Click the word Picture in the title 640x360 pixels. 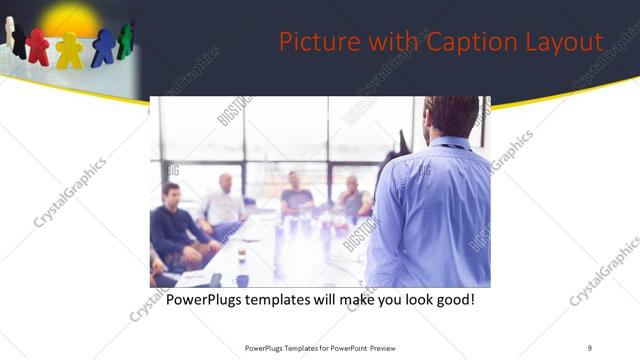pos(312,42)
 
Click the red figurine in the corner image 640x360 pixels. pos(38,46)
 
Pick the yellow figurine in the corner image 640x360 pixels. pos(69,50)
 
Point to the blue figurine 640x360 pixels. pos(103,47)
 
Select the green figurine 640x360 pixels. pos(125,39)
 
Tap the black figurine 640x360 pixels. pos(19,40)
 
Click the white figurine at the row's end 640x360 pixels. pos(8,31)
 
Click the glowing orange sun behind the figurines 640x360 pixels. pos(70,20)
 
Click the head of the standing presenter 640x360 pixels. pos(451,116)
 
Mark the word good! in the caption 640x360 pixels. pos(451,299)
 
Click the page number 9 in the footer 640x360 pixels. pos(590,347)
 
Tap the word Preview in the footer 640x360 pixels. pos(393,347)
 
